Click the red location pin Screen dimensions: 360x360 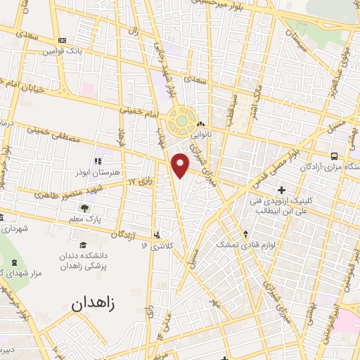(181, 165)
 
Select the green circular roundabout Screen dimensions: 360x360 (182, 121)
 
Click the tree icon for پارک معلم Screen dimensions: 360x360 (84, 209)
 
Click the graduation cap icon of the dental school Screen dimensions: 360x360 (82, 245)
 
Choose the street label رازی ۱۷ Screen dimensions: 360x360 (140, 182)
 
